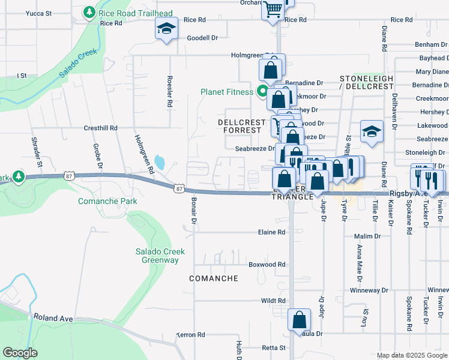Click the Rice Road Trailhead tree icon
pos(89,12)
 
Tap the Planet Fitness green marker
pos(262,92)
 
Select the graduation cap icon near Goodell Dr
pos(167,28)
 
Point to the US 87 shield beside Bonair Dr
pos(179,188)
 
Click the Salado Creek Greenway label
pos(163,256)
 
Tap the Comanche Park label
pos(107,201)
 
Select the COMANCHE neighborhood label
pos(214,278)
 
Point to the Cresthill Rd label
pos(100,128)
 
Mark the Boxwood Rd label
pos(267,264)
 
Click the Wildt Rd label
pos(273,301)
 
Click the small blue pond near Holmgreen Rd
pos(159,162)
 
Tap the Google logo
pos(20,353)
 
